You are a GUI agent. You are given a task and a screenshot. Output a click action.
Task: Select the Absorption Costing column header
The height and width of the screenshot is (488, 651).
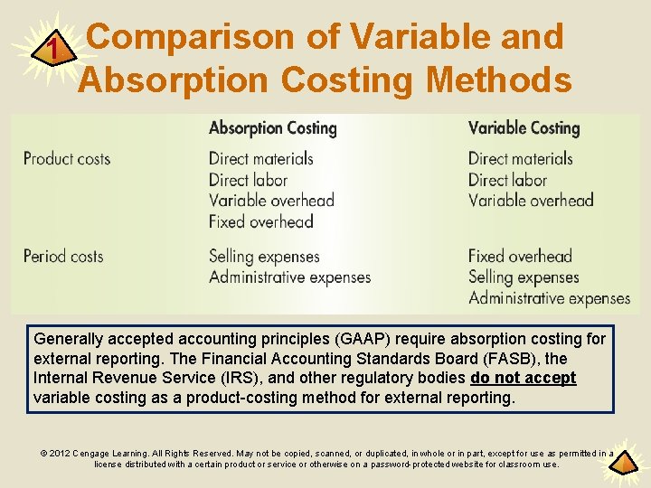click(x=272, y=128)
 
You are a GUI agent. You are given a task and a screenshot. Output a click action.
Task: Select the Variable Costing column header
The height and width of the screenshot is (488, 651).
click(x=524, y=128)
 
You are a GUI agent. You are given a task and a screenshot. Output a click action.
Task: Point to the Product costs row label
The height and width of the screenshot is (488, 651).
click(x=67, y=159)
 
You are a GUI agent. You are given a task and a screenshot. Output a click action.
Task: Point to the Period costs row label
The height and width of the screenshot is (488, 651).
click(x=63, y=257)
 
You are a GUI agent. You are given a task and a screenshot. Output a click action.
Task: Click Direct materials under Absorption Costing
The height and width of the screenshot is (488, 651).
click(x=260, y=159)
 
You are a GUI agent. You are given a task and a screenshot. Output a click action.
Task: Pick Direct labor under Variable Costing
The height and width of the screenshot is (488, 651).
click(x=507, y=180)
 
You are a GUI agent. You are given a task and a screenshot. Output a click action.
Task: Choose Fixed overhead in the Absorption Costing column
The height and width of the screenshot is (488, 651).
click(x=260, y=221)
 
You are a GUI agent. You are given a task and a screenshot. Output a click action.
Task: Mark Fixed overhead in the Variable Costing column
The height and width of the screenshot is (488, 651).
click(x=520, y=257)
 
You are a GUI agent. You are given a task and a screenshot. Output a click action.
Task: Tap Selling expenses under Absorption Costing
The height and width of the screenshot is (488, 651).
click(x=264, y=257)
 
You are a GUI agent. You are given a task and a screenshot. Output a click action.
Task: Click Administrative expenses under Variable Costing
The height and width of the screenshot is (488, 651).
click(x=549, y=298)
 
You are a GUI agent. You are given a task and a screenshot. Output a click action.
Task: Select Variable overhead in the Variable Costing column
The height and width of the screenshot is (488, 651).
click(x=531, y=201)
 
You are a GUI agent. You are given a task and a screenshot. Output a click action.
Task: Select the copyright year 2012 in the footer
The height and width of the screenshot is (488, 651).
click(x=60, y=454)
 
